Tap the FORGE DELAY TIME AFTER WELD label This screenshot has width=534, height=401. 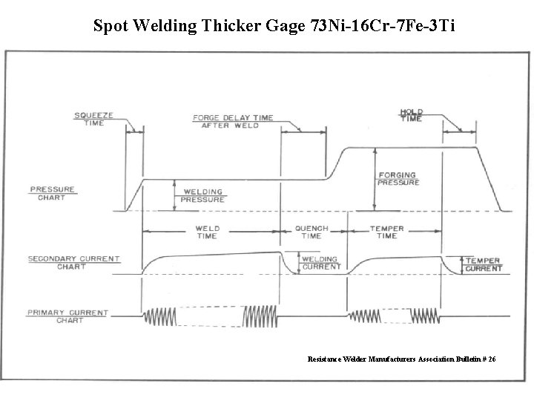(x=233, y=121)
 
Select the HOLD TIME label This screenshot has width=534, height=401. (x=412, y=116)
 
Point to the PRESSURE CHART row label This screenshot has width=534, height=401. (x=52, y=193)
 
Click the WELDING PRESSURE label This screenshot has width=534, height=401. (x=202, y=195)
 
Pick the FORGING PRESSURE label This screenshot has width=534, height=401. (x=397, y=178)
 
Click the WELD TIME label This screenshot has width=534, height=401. (x=207, y=232)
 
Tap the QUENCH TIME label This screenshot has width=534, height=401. (x=311, y=232)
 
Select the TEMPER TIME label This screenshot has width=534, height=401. (x=386, y=232)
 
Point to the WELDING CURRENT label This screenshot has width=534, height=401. (x=320, y=263)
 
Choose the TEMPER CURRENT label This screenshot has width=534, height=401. (x=483, y=264)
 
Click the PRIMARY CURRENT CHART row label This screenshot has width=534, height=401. (x=67, y=316)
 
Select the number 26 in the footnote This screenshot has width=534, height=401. (x=491, y=359)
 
